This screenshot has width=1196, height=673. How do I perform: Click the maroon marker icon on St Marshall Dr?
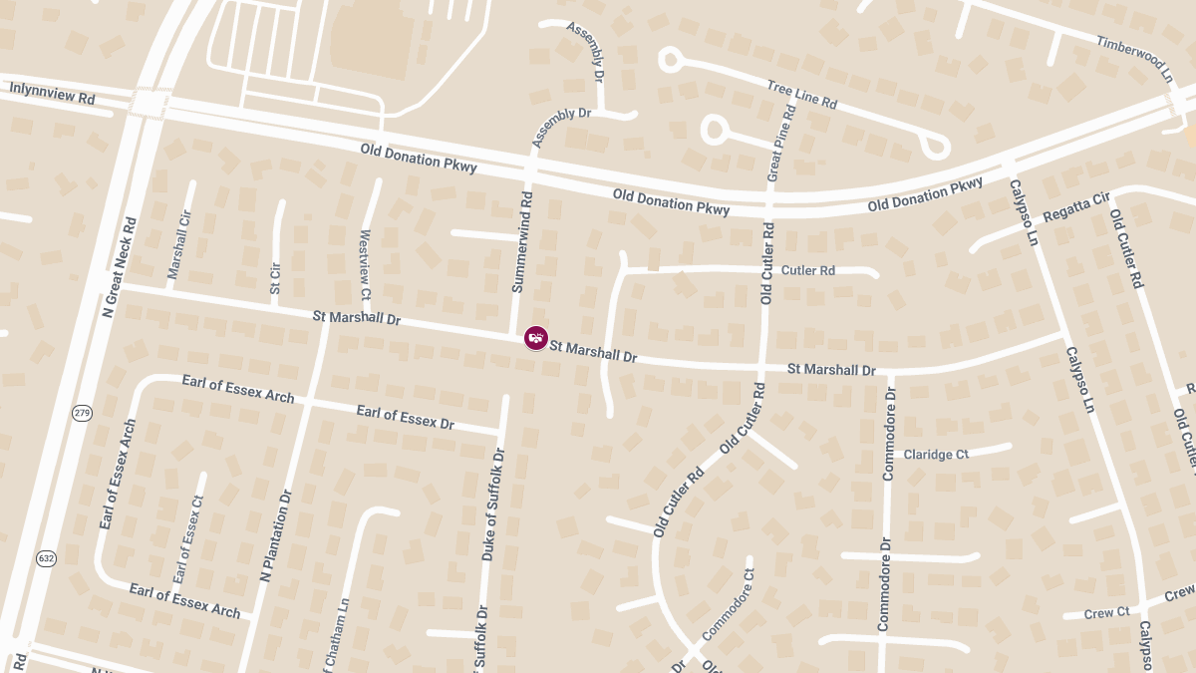536,338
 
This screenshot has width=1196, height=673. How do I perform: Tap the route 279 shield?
82,413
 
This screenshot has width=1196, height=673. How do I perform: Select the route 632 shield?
46,558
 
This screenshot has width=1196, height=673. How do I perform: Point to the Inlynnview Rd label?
52,95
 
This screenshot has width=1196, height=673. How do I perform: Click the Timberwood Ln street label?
1134,58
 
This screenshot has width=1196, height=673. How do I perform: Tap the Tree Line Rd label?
801,96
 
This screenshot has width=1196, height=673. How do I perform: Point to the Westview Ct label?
364,265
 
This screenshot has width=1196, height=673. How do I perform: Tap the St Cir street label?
275,278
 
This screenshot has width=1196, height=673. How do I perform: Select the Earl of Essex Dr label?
405,417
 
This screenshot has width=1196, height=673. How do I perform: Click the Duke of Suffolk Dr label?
493,504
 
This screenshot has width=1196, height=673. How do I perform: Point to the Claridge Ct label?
936,455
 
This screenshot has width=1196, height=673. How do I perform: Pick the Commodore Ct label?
729,604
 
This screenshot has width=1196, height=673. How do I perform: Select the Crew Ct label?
1106,613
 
